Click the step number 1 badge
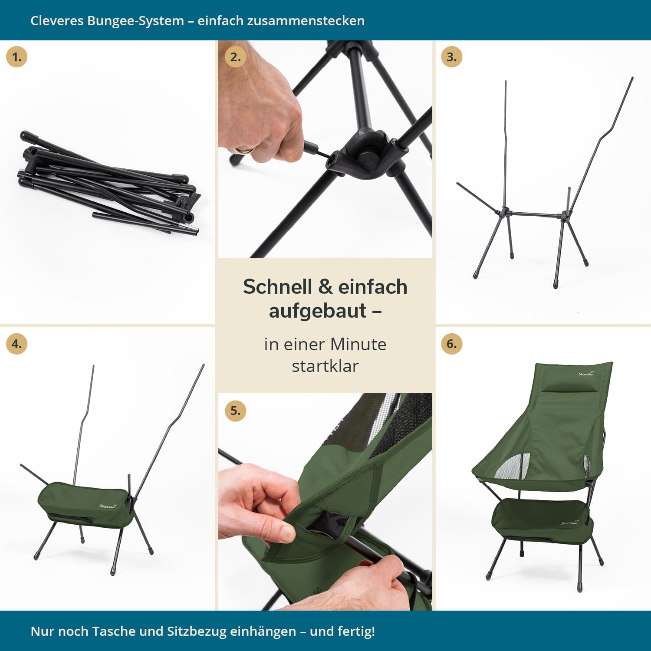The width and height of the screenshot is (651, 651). pyautogui.click(x=16, y=57)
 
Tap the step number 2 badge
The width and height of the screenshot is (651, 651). pyautogui.click(x=235, y=57)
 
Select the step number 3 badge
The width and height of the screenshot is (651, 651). pyautogui.click(x=451, y=57)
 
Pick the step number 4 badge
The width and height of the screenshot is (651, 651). pyautogui.click(x=16, y=344)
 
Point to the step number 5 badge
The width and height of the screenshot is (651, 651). pyautogui.click(x=235, y=411)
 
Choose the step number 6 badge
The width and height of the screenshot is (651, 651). pyautogui.click(x=451, y=344)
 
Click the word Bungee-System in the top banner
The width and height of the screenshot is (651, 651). pyautogui.click(x=135, y=21)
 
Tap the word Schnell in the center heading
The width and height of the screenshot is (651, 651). pyautogui.click(x=277, y=287)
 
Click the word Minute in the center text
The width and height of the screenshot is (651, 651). pyautogui.click(x=358, y=344)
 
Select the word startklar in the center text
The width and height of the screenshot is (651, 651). pyautogui.click(x=325, y=366)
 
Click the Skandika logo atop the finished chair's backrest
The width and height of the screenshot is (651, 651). pyautogui.click(x=586, y=373)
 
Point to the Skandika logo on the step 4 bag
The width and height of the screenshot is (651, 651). pyautogui.click(x=108, y=506)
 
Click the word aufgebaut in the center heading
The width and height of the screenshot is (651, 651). pyautogui.click(x=318, y=311)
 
